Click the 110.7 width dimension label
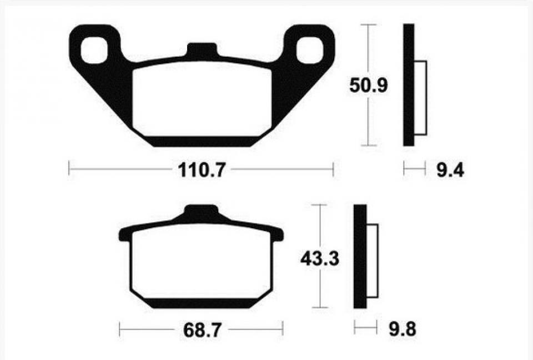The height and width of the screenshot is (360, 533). [202, 169]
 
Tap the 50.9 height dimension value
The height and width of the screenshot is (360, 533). [369, 85]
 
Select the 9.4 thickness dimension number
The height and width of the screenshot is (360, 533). [450, 169]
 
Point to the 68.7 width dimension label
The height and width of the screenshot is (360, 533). [202, 329]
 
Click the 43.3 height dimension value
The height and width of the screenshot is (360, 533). [320, 259]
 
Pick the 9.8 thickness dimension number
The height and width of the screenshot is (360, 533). [403, 329]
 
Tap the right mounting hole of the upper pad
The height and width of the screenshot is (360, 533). [309, 51]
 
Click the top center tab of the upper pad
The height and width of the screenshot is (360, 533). [202, 49]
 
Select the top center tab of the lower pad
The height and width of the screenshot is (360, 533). [201, 211]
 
